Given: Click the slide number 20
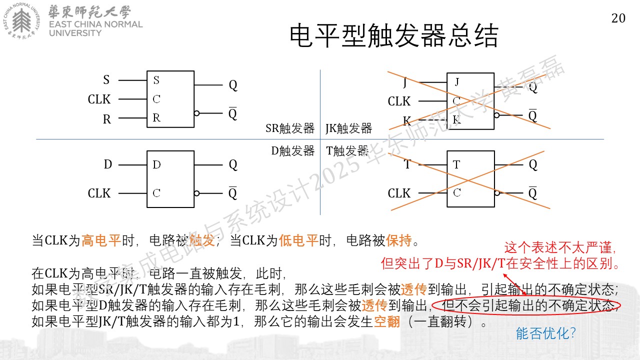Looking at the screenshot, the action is [x=618, y=18].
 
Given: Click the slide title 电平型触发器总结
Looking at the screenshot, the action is [x=394, y=35].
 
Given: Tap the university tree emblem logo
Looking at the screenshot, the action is [x=21, y=21].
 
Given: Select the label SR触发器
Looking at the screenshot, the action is [x=290, y=128].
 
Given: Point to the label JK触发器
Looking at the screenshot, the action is [x=348, y=128].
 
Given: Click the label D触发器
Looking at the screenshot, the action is [x=293, y=151].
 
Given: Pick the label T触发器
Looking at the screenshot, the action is [x=347, y=151].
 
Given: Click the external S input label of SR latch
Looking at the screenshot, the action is [x=106, y=79].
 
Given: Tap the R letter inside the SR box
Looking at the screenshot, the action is [x=156, y=117].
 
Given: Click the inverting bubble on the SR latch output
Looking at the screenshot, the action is [x=196, y=113].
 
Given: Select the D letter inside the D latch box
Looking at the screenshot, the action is [x=156, y=164].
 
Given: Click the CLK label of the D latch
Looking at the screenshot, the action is [x=99, y=193].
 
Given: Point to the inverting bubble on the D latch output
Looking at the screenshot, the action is [x=196, y=193].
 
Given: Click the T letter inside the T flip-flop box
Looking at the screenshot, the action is [x=456, y=164].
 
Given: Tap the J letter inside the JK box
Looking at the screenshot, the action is [x=457, y=82].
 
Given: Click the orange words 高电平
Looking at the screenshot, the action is [x=101, y=240].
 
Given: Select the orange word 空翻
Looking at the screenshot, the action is [x=386, y=321].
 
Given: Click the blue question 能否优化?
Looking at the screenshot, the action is [x=545, y=333].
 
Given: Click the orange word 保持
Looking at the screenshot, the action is [x=399, y=240].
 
